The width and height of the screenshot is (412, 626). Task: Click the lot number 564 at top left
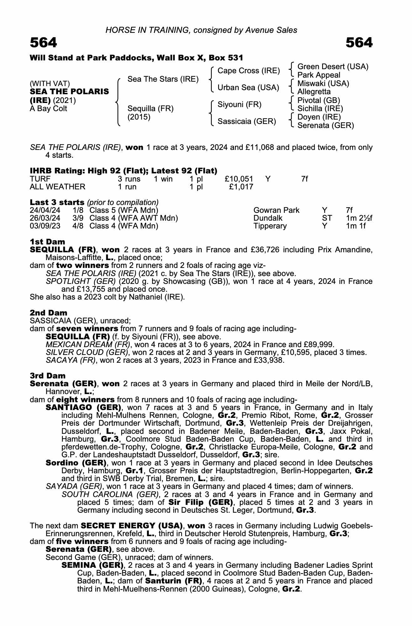[44, 43]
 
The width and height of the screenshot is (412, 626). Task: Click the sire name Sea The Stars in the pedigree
[163, 79]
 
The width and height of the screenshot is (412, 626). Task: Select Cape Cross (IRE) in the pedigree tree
[248, 71]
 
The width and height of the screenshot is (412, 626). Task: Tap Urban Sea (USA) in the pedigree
[248, 88]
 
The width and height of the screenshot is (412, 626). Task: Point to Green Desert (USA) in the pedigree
[333, 67]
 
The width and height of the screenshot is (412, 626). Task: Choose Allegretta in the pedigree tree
[314, 92]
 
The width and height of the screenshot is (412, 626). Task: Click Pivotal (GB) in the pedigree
[318, 100]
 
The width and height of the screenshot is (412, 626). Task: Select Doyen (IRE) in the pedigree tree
[319, 117]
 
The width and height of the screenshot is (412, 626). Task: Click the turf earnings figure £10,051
[239, 179]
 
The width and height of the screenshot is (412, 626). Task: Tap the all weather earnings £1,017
[241, 187]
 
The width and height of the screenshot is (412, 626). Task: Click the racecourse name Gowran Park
[276, 210]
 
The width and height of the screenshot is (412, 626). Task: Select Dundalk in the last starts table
[268, 218]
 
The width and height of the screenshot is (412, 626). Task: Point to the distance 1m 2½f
[359, 218]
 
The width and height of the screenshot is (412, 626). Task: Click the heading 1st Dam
[47, 242]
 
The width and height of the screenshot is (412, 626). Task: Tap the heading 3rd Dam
[48, 376]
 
